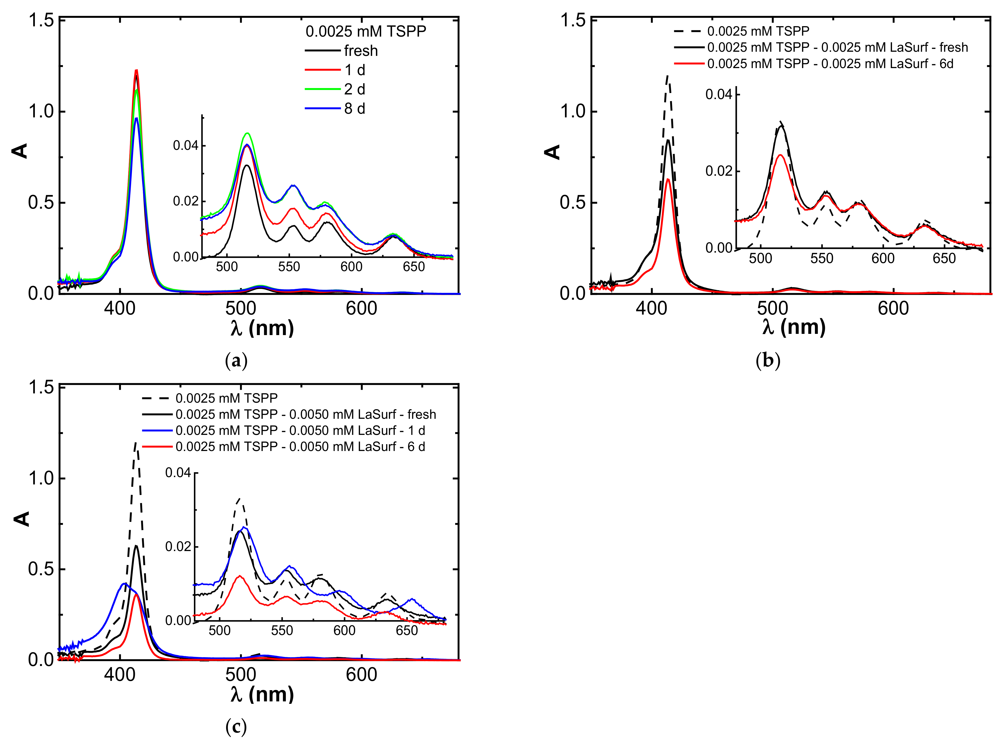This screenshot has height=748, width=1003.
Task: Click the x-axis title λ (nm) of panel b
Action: [x=793, y=327]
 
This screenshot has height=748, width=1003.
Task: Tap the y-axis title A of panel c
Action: [x=21, y=519]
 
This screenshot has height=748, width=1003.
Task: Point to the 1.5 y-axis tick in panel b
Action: [x=573, y=20]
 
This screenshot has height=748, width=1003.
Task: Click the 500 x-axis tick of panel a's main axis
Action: [x=240, y=309]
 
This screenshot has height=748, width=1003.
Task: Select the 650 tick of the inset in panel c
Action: [x=406, y=630]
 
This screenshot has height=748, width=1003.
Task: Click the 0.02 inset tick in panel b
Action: [x=719, y=171]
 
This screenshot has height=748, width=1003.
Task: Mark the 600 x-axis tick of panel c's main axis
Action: [x=361, y=675]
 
